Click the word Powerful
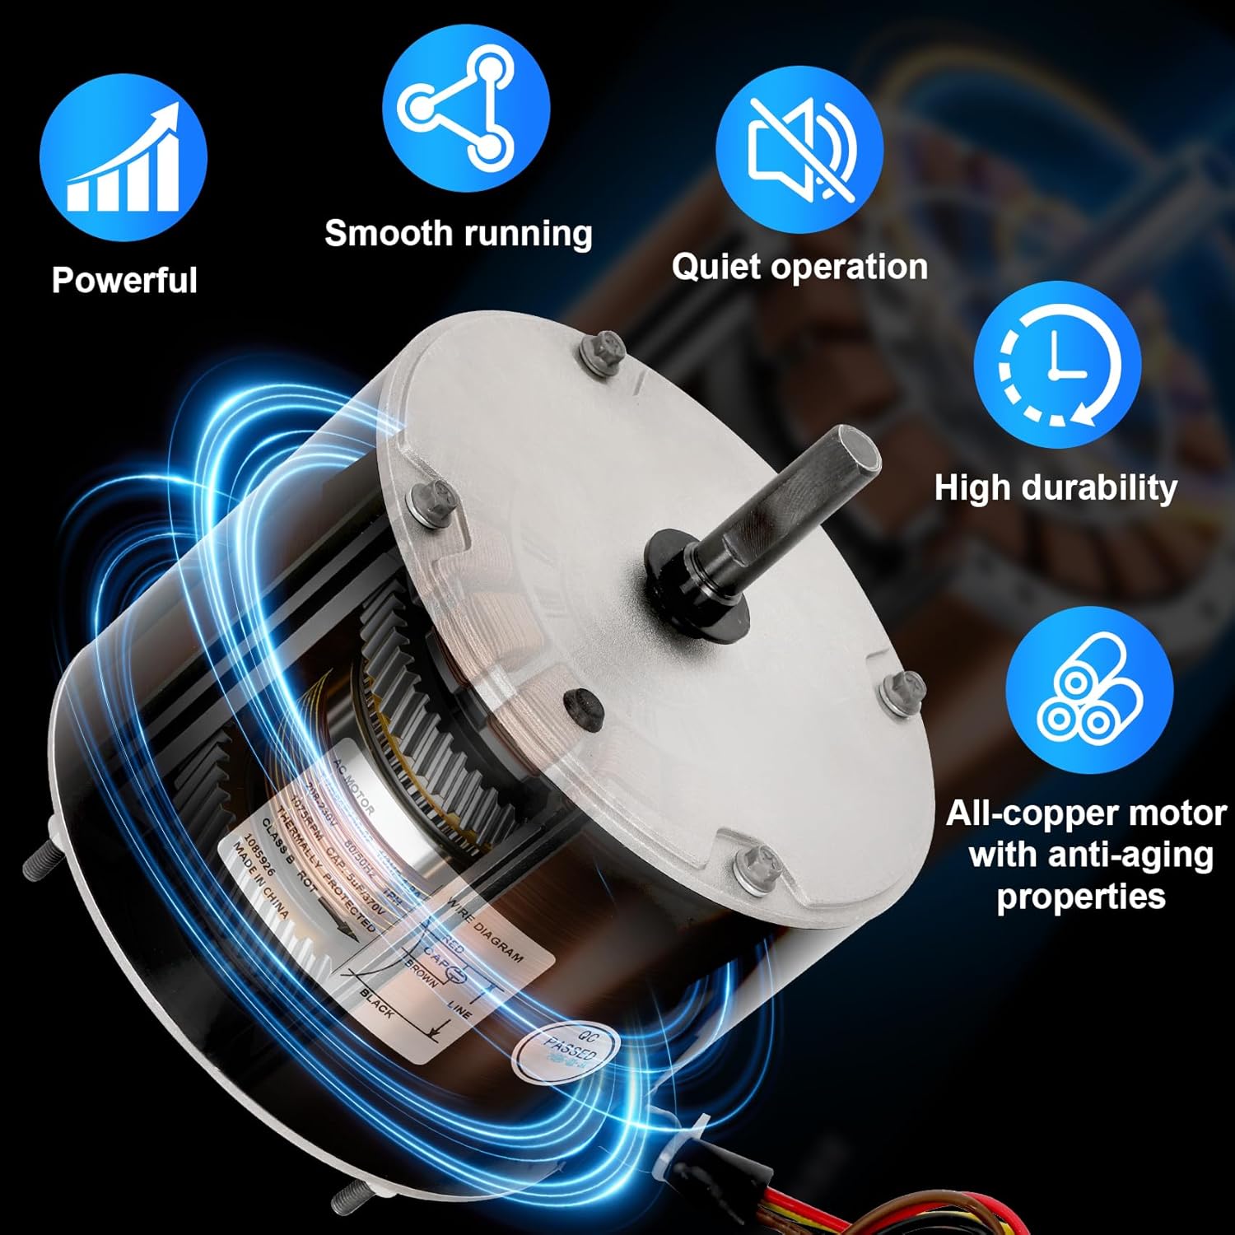click(x=124, y=281)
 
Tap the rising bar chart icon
click(x=123, y=157)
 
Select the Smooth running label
click(x=459, y=234)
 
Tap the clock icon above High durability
click(x=1057, y=365)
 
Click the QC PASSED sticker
click(x=568, y=1051)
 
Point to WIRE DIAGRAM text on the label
click(x=486, y=930)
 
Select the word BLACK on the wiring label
click(x=377, y=1004)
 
